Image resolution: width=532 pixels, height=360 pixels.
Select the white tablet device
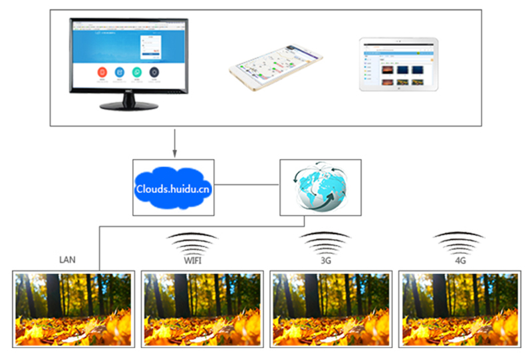coord(398,64)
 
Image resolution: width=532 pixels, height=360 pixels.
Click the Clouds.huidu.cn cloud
coord(174,187)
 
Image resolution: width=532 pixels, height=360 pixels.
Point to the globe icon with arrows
coord(320,187)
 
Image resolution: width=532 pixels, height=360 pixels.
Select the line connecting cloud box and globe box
coord(247,187)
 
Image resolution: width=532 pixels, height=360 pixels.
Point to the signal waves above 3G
coord(325,240)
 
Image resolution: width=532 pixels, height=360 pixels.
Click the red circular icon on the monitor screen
coord(102,72)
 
